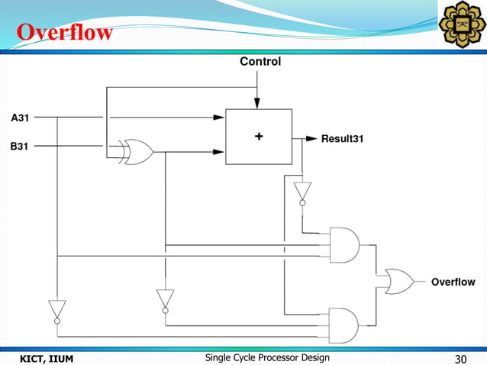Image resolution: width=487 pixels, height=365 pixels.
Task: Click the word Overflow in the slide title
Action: [x=65, y=34]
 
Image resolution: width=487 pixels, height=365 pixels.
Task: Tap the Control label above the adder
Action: [x=260, y=61]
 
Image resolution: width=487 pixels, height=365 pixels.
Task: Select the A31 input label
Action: [x=21, y=118]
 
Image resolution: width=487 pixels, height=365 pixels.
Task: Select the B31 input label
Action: [x=21, y=146]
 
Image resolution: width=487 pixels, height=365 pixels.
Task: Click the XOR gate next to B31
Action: [x=137, y=153]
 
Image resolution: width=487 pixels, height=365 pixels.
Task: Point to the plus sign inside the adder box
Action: [x=258, y=136]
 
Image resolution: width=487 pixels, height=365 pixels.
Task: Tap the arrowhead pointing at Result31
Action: [x=311, y=139]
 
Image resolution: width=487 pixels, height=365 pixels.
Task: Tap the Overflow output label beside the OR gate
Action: [x=453, y=282]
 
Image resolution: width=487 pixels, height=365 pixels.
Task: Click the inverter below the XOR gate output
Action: [x=165, y=299]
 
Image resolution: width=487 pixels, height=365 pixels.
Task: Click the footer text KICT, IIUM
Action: [x=46, y=358]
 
